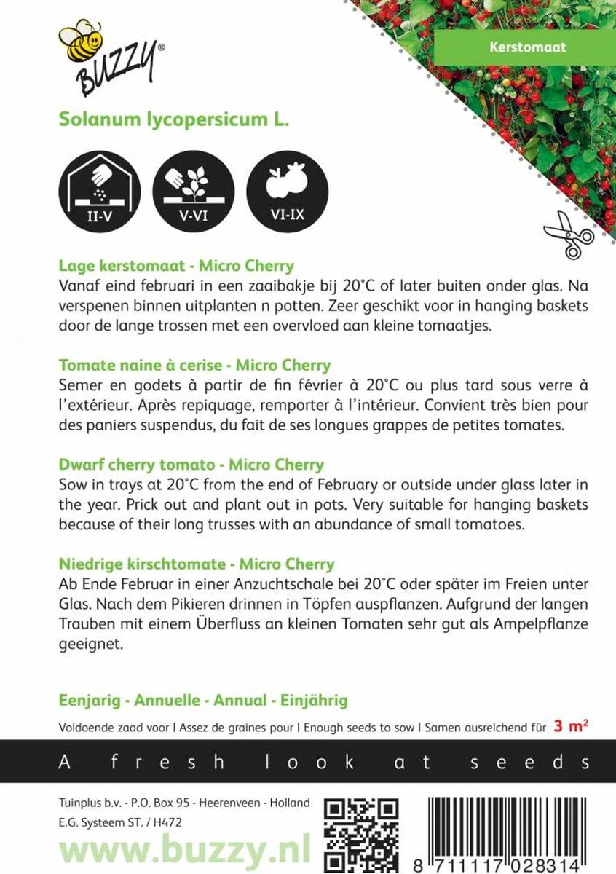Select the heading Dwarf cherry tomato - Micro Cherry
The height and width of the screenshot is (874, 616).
[x=191, y=465]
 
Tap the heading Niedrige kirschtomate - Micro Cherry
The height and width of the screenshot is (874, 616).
[x=196, y=564]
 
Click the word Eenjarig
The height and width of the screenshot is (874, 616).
[x=86, y=701]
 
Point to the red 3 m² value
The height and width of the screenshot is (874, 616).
[x=573, y=725]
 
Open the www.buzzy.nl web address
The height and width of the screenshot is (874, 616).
[x=183, y=849]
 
